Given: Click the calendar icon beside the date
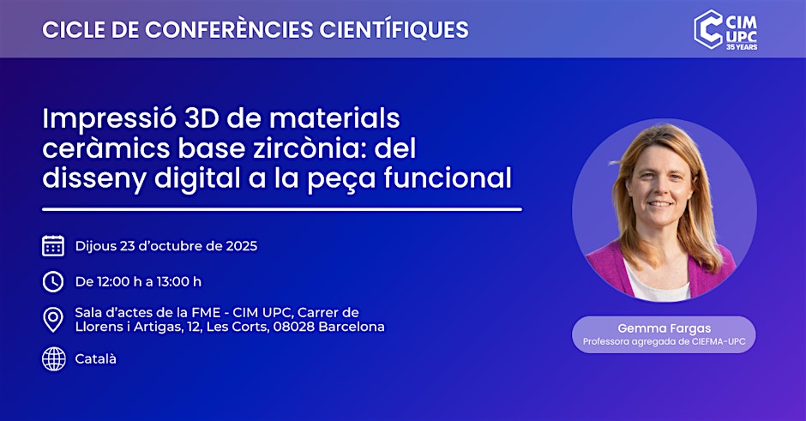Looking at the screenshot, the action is point(53,246).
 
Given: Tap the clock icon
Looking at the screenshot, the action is point(53,282).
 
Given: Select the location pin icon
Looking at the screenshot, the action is point(53,319).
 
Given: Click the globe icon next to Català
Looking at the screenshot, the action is point(53,358).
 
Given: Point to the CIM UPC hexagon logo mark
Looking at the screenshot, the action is point(707,29).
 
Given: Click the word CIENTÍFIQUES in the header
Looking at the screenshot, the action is point(394,29).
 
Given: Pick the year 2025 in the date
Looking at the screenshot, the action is point(242,246).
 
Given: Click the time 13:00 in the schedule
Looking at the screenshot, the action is point(171,282).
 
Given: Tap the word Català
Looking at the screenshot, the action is point(96,358).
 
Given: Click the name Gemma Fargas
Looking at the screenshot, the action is point(665,328).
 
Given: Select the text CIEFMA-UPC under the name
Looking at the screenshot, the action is point(719,342).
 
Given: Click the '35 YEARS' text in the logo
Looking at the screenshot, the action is point(742,47).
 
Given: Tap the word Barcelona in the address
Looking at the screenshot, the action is point(352,327).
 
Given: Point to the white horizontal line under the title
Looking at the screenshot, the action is point(282,209).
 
